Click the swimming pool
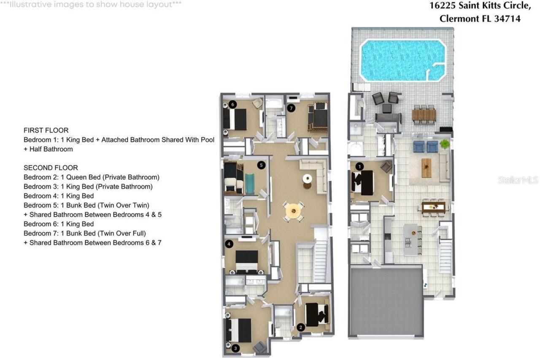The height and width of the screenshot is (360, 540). click(402, 60)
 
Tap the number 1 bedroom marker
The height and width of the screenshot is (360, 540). click(359, 166)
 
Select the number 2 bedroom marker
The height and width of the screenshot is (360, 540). click(300, 327)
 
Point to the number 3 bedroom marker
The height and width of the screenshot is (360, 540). click(235, 348)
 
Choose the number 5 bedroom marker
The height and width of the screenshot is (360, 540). click(261, 165)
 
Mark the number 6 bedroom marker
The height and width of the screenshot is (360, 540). click(233, 104)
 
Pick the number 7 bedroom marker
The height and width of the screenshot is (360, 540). click(291, 108)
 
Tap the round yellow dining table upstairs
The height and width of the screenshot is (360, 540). click(293, 210)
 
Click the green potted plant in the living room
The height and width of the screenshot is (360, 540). click(444, 144)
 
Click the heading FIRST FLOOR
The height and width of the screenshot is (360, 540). click(46, 130)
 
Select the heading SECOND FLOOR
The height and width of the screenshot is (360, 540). click(51, 168)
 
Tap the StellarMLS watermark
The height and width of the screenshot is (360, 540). click(518, 180)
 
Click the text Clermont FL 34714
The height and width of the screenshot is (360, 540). click(480, 19)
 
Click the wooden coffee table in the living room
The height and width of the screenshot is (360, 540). click(427, 168)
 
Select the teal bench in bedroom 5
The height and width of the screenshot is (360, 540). click(250, 184)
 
